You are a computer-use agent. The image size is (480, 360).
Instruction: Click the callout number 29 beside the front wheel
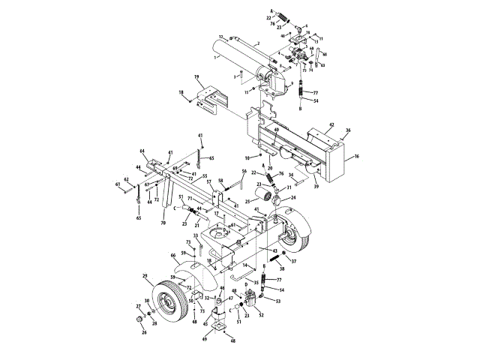pos(144,276)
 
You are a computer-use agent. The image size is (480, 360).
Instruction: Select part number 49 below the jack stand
pos(204,338)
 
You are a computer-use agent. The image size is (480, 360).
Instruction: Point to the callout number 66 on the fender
pos(173,256)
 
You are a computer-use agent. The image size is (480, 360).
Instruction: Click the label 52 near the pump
pos(261,315)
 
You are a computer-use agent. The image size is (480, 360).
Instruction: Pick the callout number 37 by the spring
pos(294,262)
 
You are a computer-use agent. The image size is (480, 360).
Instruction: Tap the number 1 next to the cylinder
pos(215,57)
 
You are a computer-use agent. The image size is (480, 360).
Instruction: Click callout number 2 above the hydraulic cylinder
pos(257,43)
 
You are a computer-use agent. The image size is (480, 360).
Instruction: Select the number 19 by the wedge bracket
pos(196,78)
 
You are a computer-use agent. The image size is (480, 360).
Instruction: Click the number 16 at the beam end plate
pos(356,157)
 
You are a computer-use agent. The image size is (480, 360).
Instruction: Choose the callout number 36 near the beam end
pos(347,130)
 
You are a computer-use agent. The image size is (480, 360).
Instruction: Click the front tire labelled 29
pos(171,301)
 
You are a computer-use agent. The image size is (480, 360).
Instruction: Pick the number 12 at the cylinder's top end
pos(221,37)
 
